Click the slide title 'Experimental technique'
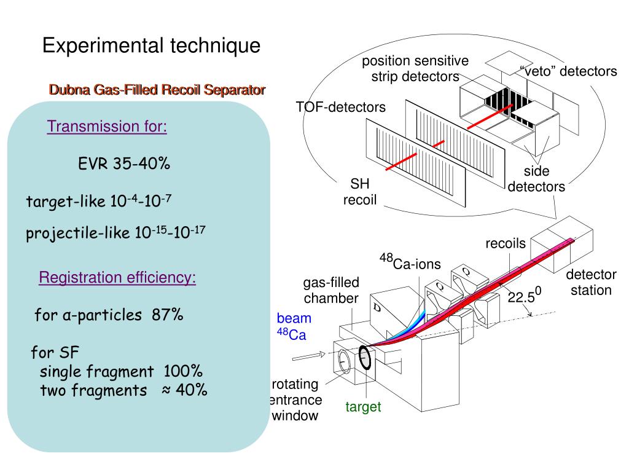click(151, 45)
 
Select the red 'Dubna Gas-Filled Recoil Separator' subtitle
click(157, 90)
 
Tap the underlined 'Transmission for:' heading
click(107, 127)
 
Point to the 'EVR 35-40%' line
click(124, 164)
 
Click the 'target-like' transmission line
click(99, 201)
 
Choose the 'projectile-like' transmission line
click(115, 234)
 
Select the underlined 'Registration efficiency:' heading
click(117, 278)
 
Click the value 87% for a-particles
click(168, 315)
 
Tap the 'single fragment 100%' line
click(121, 371)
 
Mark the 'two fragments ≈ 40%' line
click(123, 390)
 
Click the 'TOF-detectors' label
click(340, 108)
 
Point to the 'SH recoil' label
click(359, 192)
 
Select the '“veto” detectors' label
click(568, 71)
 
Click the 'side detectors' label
click(536, 179)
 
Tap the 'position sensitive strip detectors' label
click(415, 69)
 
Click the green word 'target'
click(363, 407)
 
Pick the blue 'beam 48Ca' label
click(292, 326)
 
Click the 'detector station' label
click(591, 282)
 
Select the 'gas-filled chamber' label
click(331, 290)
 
